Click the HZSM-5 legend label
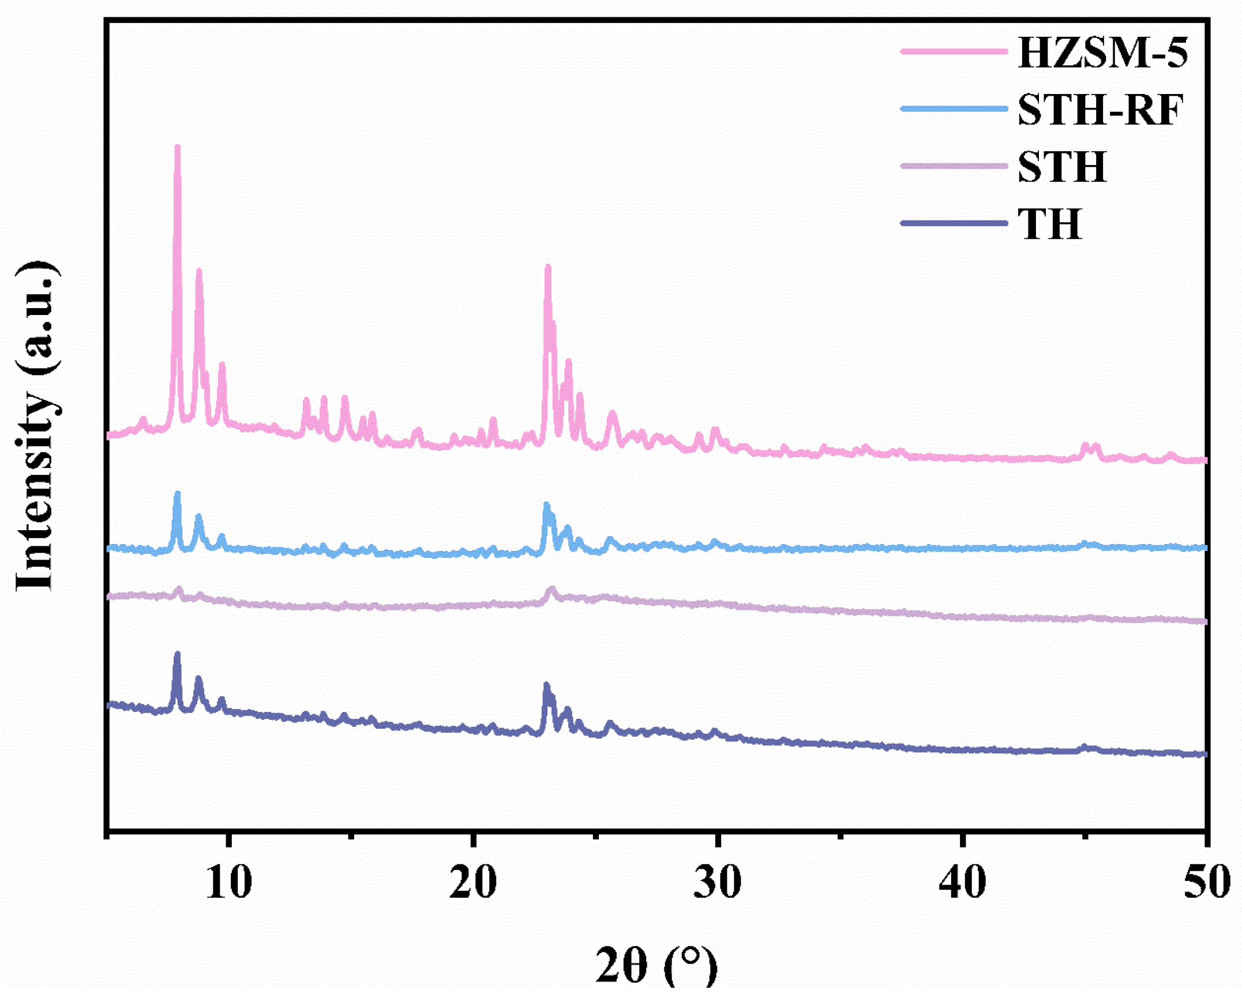pos(1102,53)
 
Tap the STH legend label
pos(1062,167)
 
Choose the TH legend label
pos(1049,223)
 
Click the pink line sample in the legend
pos(954,51)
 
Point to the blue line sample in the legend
pos(954,108)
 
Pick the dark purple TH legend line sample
pos(954,223)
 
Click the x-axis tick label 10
pos(229,882)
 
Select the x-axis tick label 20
pos(473,882)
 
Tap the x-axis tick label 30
pos(718,882)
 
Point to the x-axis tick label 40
pos(962,882)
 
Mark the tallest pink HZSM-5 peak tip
pos(177,148)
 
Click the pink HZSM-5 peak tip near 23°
pos(548,267)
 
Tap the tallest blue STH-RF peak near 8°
pos(177,494)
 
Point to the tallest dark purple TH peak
pos(177,655)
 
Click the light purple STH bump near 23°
pos(552,590)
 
